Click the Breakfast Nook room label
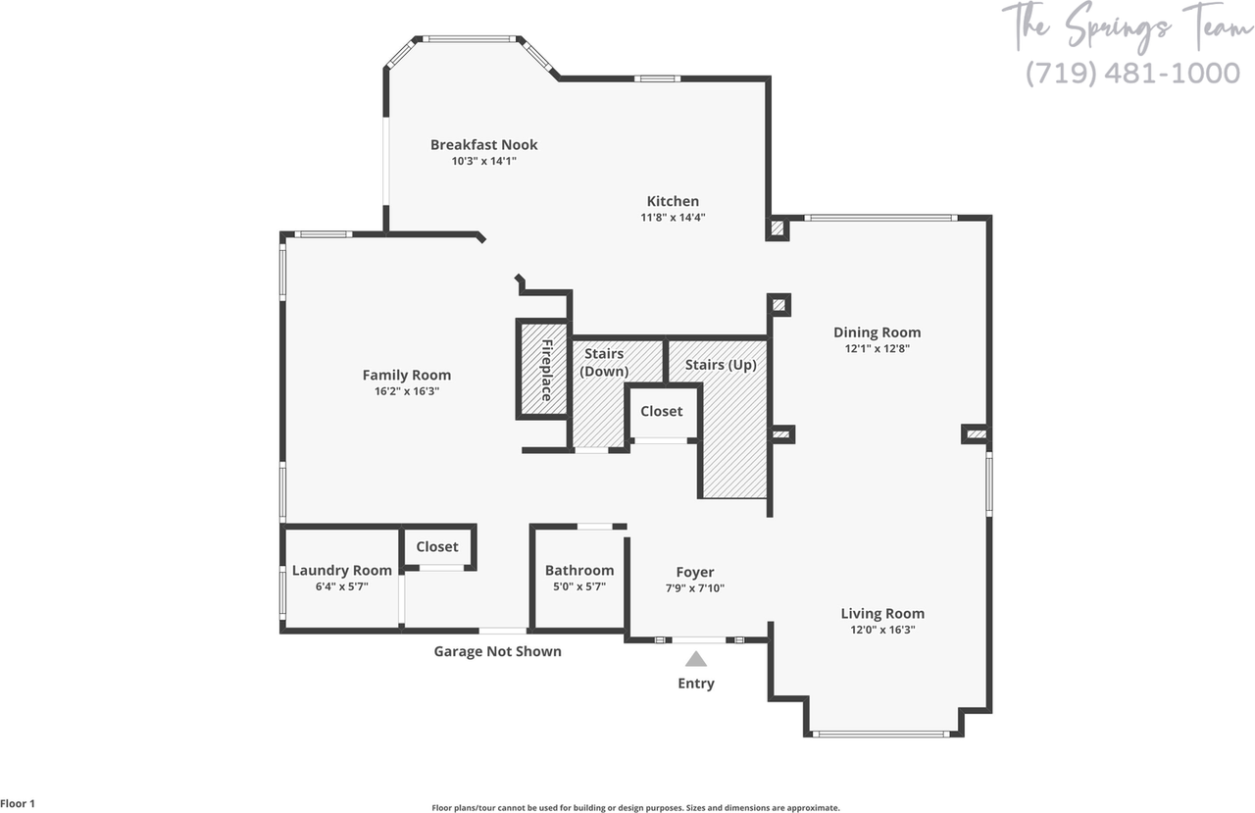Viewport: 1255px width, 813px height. (483, 145)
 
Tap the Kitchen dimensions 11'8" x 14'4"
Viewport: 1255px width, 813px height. (673, 218)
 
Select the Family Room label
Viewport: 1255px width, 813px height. (407, 375)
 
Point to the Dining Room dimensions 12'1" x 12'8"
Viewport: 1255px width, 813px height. (877, 348)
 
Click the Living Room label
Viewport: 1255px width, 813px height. (882, 614)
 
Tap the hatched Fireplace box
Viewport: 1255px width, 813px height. (543, 370)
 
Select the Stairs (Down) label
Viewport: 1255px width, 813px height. (604, 362)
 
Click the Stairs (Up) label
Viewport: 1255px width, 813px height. (721, 365)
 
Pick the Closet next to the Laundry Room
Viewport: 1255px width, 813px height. (437, 547)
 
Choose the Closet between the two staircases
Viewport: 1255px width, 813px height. (662, 412)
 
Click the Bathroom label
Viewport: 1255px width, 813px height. (579, 571)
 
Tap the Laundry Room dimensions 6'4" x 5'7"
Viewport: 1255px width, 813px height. (341, 586)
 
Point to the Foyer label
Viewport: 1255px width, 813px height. (695, 573)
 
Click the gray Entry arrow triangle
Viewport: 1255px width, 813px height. (696, 659)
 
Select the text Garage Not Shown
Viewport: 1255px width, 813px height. (498, 651)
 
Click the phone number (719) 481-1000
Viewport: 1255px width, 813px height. (1132, 74)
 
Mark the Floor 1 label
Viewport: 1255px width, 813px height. (19, 804)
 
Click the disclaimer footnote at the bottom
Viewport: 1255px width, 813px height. (635, 808)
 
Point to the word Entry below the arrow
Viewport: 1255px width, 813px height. (696, 684)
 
